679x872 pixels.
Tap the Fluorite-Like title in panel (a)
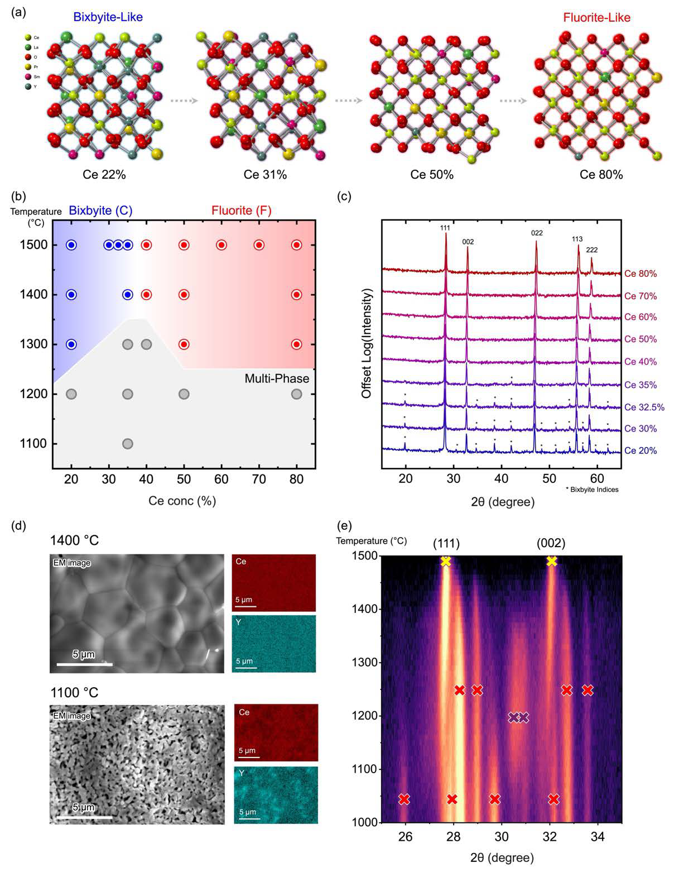(596, 17)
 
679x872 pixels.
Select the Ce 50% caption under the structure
(432, 175)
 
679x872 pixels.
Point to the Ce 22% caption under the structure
(104, 175)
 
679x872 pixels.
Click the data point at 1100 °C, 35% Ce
(127, 444)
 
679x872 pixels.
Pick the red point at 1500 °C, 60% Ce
(221, 245)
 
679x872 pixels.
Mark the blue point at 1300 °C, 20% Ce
(71, 344)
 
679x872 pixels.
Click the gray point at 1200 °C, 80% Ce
(296, 394)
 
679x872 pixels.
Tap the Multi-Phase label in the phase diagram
(277, 378)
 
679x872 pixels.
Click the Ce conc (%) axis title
(182, 501)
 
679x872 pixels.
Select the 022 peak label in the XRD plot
(537, 233)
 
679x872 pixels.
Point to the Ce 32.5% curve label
(644, 408)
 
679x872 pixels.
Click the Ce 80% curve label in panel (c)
(641, 274)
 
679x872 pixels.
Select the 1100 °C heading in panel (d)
(74, 693)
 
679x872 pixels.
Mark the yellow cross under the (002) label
(552, 561)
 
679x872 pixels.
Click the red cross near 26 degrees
(404, 799)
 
